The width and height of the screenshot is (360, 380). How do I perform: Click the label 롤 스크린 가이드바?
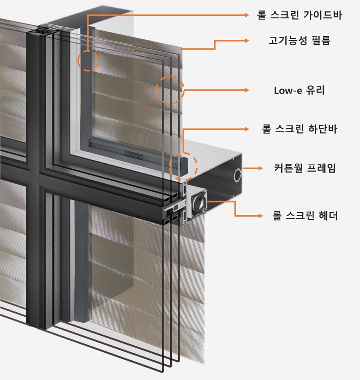299,15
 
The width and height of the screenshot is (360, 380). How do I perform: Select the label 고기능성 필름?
299,40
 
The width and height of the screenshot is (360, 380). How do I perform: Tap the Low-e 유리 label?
299,90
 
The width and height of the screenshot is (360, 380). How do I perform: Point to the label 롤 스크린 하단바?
299,129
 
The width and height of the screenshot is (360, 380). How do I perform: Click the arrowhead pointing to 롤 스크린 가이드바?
247,15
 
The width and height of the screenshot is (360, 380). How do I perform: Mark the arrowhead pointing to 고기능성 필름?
247,40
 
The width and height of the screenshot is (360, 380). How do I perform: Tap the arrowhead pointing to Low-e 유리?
247,90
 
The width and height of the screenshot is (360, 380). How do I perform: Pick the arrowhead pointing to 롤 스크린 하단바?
247,129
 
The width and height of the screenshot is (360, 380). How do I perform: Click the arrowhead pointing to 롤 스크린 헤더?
259,216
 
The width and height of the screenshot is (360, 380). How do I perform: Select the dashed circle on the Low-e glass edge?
170,90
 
